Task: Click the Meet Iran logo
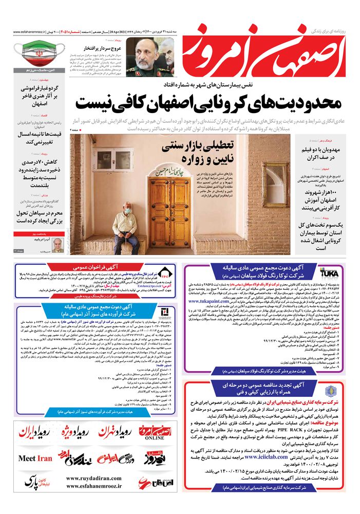coord(35,458)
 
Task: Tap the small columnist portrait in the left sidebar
coord(58,243)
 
